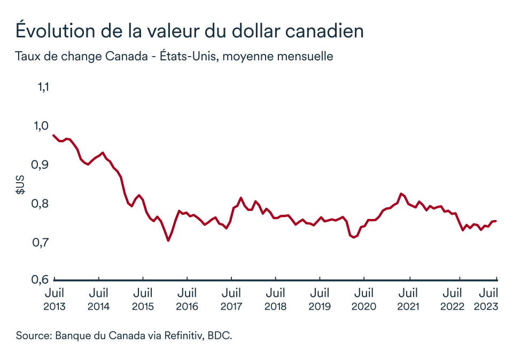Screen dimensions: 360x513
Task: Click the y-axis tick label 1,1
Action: [x=42, y=87]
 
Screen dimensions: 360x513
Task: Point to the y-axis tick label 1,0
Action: [x=41, y=126]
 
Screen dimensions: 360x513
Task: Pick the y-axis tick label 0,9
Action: [x=41, y=165]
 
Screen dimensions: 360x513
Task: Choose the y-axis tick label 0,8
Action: [x=41, y=204]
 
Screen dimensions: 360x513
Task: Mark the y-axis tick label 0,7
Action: [x=41, y=242]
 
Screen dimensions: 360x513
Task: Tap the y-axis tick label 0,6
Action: [x=41, y=279]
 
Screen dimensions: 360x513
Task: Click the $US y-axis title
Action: [x=20, y=183]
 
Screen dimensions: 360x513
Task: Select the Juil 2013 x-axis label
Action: [x=55, y=300]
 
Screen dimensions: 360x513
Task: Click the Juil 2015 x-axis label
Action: [x=143, y=300]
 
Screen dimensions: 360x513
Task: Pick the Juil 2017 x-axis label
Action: [x=231, y=300]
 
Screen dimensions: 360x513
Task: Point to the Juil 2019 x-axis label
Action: [x=320, y=300]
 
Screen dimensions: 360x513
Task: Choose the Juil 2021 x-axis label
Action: [x=408, y=300]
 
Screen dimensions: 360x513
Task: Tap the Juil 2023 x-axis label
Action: [x=488, y=300]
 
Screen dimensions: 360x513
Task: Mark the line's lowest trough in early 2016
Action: [x=168, y=240]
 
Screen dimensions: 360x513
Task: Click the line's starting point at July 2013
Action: [x=53, y=136]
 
